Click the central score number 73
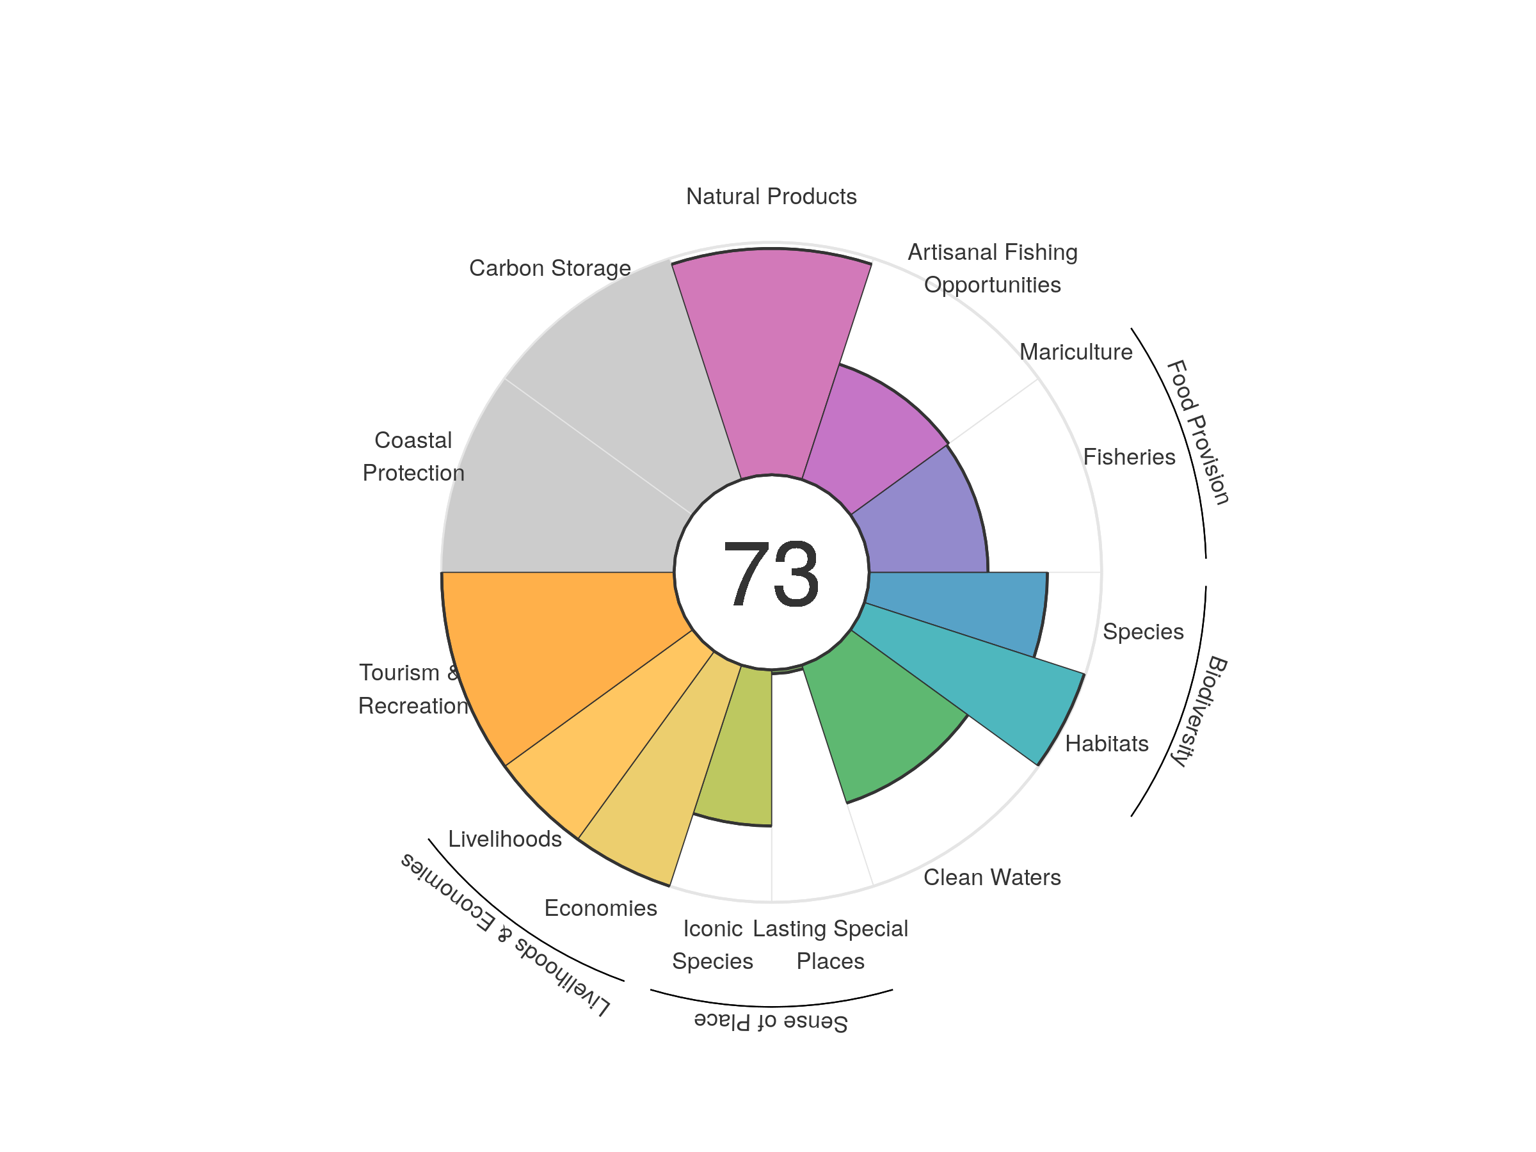pyautogui.click(x=771, y=573)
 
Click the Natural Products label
pyautogui.click(x=771, y=196)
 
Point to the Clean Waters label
pyautogui.click(x=991, y=877)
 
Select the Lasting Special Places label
pyautogui.click(x=830, y=945)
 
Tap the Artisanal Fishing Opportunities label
pyautogui.click(x=992, y=268)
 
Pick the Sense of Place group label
pyautogui.click(x=771, y=1022)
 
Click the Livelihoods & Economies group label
pyautogui.click(x=505, y=934)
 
